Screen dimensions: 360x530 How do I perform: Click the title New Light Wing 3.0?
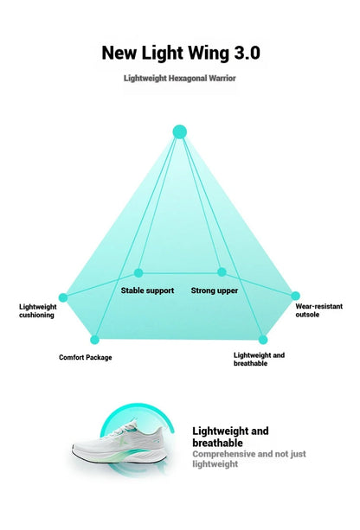click(181, 54)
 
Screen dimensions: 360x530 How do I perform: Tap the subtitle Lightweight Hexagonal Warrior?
click(180, 78)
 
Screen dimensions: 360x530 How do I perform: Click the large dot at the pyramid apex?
click(180, 131)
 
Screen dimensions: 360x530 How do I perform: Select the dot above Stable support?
click(138, 272)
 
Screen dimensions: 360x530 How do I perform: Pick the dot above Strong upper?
click(222, 271)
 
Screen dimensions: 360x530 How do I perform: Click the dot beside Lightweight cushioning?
click(63, 297)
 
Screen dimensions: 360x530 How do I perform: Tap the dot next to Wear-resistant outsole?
click(295, 296)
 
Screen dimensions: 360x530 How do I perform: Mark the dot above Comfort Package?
click(94, 340)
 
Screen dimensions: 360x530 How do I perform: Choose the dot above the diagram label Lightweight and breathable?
click(263, 340)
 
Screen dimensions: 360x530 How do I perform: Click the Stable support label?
click(147, 291)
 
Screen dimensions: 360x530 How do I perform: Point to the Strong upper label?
click(215, 291)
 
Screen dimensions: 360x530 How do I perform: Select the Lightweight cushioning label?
click(38, 311)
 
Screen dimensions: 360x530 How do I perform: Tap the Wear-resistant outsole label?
click(319, 310)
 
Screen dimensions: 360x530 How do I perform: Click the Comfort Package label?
click(86, 357)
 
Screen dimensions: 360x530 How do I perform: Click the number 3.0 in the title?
click(247, 53)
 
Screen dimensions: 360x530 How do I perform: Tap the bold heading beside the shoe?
click(230, 437)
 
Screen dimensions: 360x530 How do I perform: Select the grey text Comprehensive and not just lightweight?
click(249, 459)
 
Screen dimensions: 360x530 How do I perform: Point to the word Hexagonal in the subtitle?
click(188, 79)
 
